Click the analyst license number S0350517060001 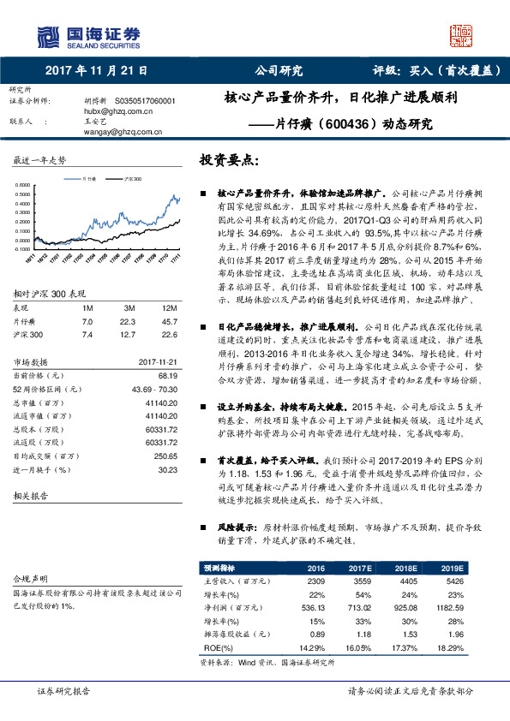coord(145,100)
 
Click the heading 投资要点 coord(228,160)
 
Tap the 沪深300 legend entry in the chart coord(132,179)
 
